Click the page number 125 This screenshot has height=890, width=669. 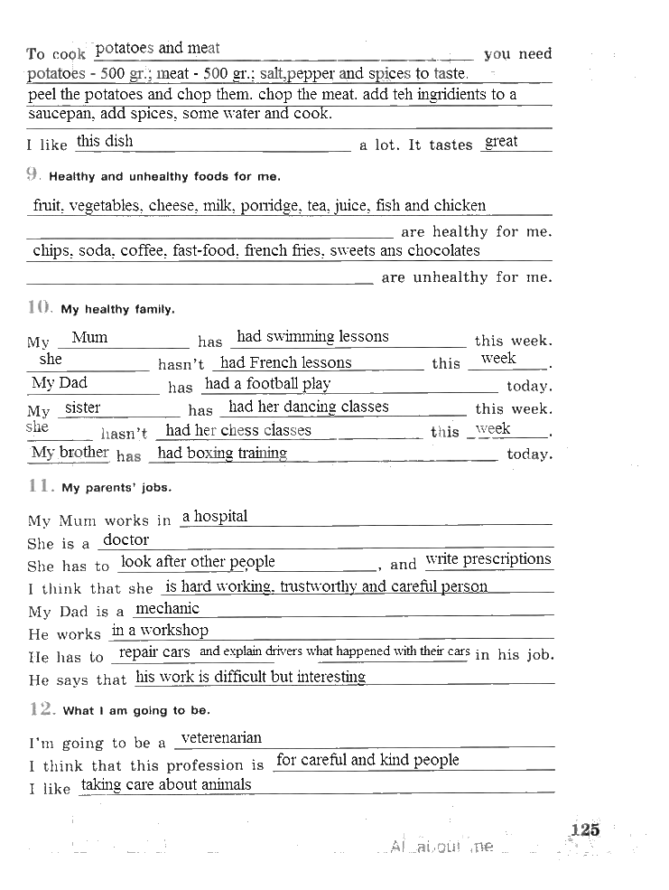[x=585, y=829]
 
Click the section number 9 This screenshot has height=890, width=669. [x=33, y=175]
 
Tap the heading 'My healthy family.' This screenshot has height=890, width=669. [x=117, y=310]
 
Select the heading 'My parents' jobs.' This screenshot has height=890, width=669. [x=116, y=488]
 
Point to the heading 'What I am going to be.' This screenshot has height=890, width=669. [x=136, y=711]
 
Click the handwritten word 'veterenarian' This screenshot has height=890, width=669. [x=221, y=738]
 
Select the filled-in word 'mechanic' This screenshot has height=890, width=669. [x=167, y=608]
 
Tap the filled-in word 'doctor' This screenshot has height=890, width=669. [x=125, y=539]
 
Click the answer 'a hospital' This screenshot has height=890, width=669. [x=214, y=516]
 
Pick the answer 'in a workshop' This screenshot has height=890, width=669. [x=160, y=630]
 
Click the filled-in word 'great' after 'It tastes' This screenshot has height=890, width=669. [x=501, y=141]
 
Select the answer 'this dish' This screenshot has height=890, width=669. [x=105, y=141]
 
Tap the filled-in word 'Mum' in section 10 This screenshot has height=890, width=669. [x=89, y=337]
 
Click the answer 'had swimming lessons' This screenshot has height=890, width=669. [x=312, y=336]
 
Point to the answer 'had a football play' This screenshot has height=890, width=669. [x=267, y=383]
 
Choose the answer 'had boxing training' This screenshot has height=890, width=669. [x=222, y=453]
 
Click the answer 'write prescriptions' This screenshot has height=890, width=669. [x=488, y=558]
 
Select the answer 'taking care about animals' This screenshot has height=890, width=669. [x=166, y=784]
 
